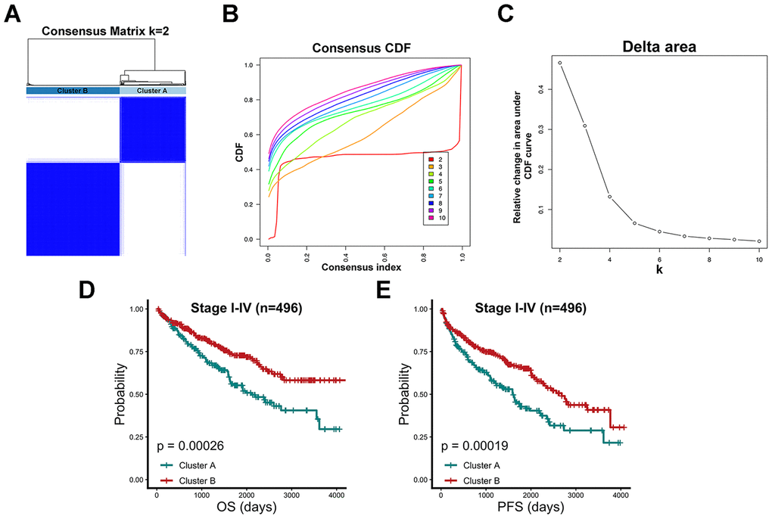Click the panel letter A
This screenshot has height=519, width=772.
click(11, 14)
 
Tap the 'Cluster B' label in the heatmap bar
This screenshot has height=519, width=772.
click(73, 91)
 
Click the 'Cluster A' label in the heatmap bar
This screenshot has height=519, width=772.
click(152, 91)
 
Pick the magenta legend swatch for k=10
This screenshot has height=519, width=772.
click(430, 217)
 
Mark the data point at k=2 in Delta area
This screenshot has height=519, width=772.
click(560, 63)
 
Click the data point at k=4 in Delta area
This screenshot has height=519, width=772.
click(609, 197)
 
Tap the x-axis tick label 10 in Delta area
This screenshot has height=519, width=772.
click(758, 259)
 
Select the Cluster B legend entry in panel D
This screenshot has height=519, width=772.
click(191, 480)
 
